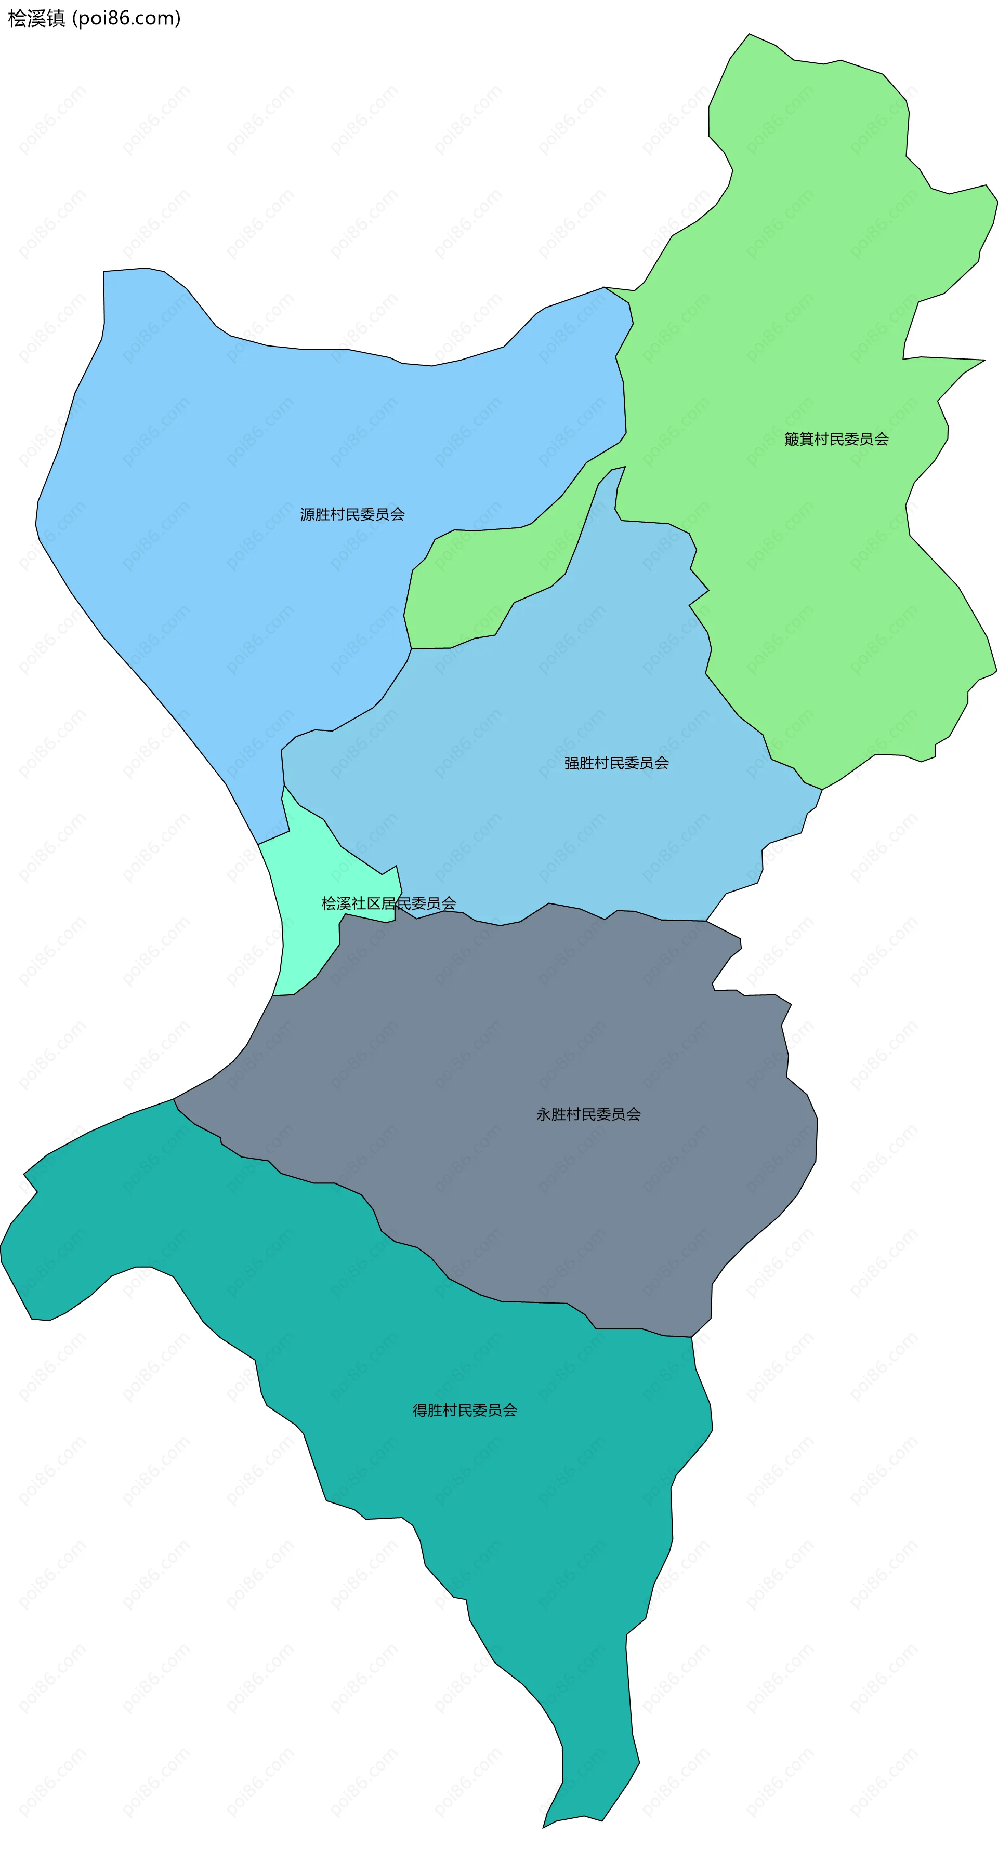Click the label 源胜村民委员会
pos(352,515)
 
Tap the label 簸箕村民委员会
pos(836,440)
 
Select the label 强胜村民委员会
pos(616,763)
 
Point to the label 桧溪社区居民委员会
pos(388,903)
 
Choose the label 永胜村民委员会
pos(588,1114)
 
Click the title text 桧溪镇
pos(36,19)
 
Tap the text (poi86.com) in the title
pos(126,19)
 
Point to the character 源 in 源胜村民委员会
pos(307,515)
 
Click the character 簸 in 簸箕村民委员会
pos(791,440)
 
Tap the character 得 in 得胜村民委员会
pos(419,1410)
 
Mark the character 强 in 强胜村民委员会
pos(571,763)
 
